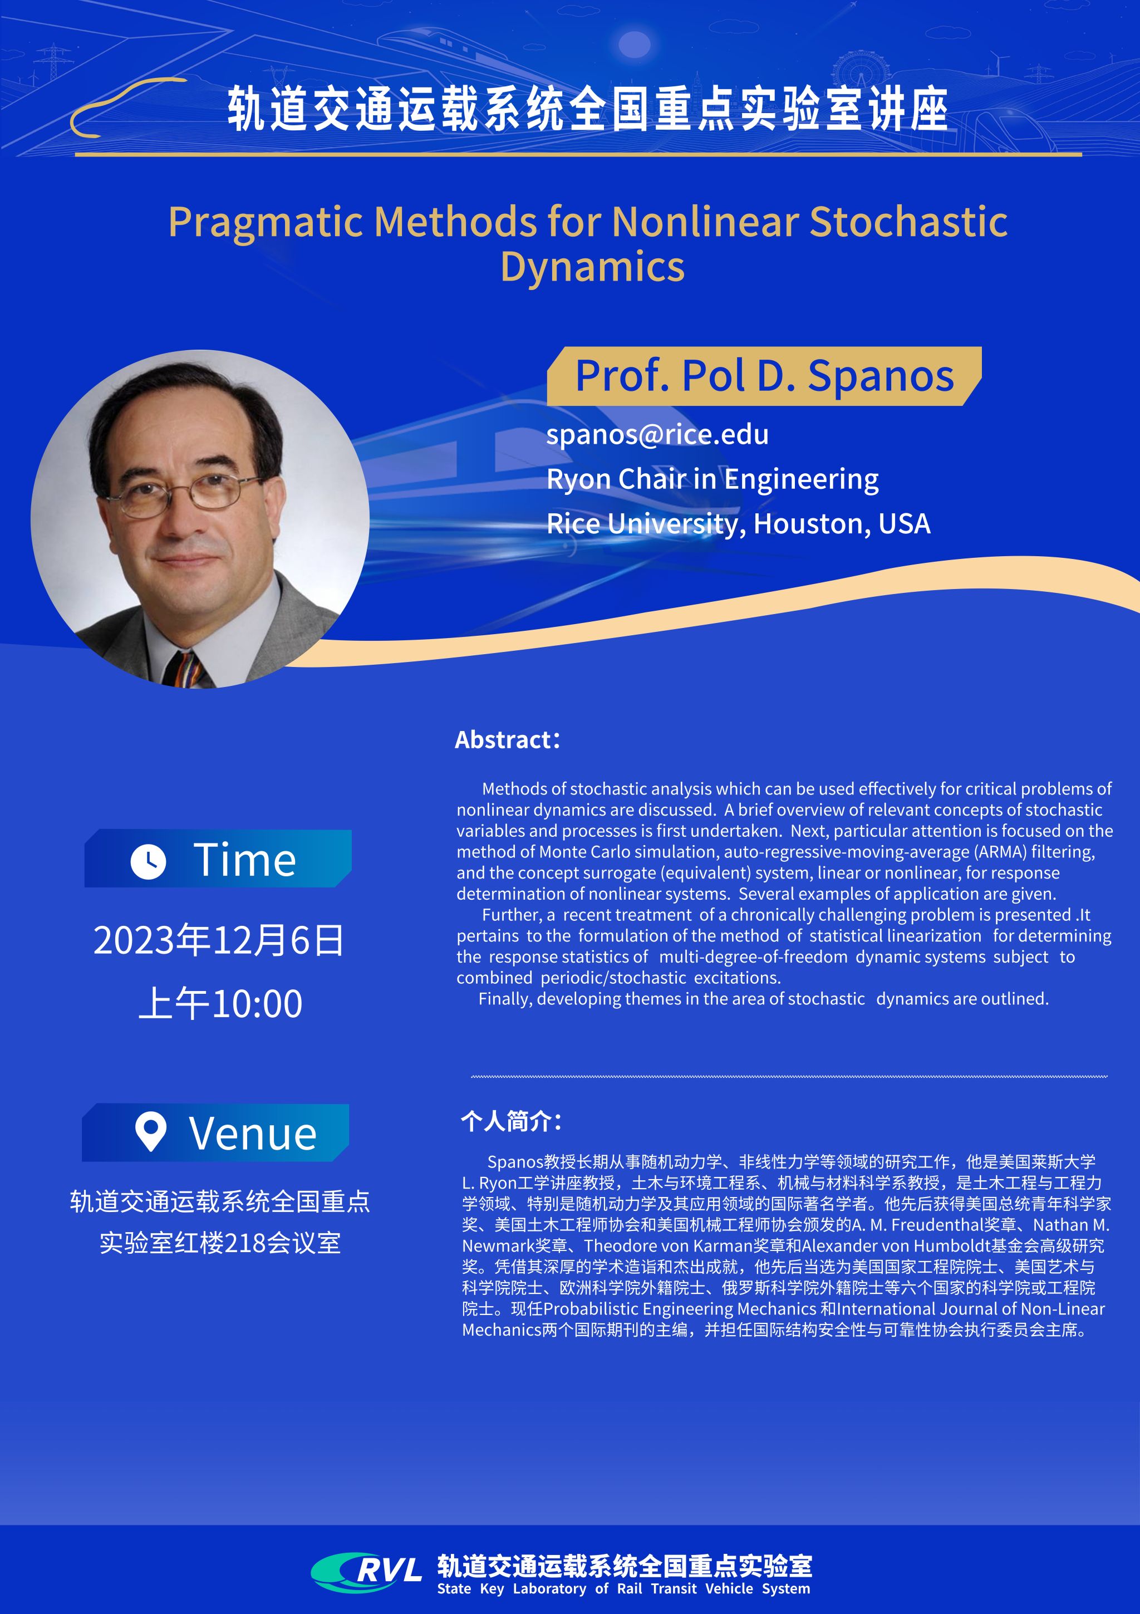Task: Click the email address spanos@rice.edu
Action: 657,434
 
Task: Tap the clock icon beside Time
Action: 148,861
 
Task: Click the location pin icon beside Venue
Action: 150,1131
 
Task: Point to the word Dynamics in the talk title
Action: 592,267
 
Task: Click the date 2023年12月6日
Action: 219,940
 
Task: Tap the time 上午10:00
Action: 220,1003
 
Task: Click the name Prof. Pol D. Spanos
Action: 765,376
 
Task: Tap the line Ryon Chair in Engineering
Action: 712,480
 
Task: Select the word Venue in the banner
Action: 253,1134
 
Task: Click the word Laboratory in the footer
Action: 549,1589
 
